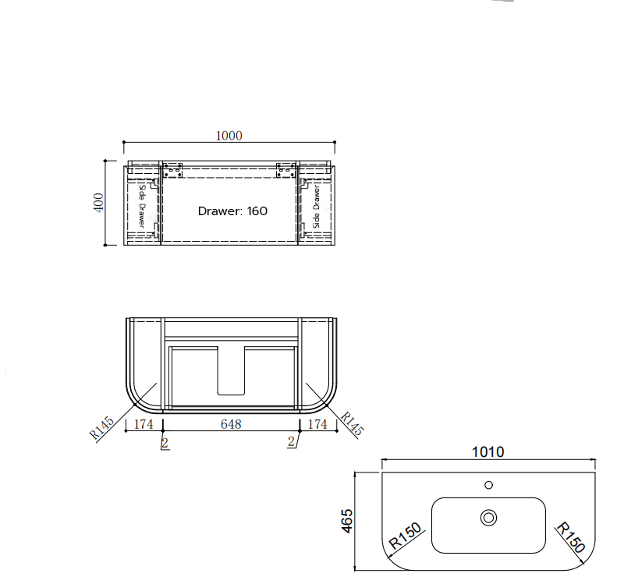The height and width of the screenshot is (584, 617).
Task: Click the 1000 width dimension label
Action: pyautogui.click(x=229, y=136)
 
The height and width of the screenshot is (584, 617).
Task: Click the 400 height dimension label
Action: pyautogui.click(x=98, y=203)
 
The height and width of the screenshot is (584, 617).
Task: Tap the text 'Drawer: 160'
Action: pyautogui.click(x=232, y=211)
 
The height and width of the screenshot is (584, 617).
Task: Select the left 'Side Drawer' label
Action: pyautogui.click(x=142, y=207)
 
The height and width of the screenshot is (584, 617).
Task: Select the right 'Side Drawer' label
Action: pyautogui.click(x=317, y=207)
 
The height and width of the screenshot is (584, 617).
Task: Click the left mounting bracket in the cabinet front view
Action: pyautogui.click(x=172, y=170)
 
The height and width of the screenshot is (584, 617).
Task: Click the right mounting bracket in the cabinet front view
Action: pyautogui.click(x=285, y=170)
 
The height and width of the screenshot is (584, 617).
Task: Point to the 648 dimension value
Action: pyautogui.click(x=231, y=424)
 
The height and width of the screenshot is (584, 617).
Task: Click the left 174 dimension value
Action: pyautogui.click(x=144, y=424)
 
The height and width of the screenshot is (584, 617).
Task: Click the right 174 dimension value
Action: pyautogui.click(x=317, y=424)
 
